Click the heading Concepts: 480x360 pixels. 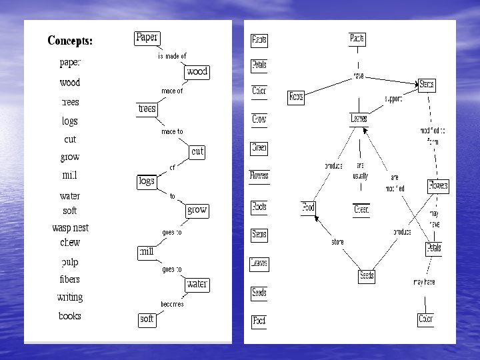coord(70,41)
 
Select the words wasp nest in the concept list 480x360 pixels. coord(70,228)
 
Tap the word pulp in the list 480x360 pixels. coord(70,262)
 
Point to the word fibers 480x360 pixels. coord(70,279)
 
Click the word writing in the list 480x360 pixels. coord(70,297)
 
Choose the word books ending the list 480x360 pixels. coord(70,316)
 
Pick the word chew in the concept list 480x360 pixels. coord(70,243)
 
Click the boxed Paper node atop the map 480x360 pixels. coord(147,38)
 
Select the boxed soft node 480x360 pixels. coord(147,319)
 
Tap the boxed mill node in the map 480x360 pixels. coord(146,252)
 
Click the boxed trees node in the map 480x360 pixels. coord(147,108)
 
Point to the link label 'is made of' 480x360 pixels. coord(172,56)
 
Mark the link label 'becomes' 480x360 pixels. coord(172,304)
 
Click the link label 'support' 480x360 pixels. coord(393,99)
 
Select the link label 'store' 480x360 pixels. coord(337,242)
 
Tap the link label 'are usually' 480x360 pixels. coord(360,171)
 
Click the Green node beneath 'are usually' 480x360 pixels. coord(361,210)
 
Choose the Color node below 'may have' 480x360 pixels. coord(425,319)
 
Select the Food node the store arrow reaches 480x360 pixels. coord(308,208)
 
